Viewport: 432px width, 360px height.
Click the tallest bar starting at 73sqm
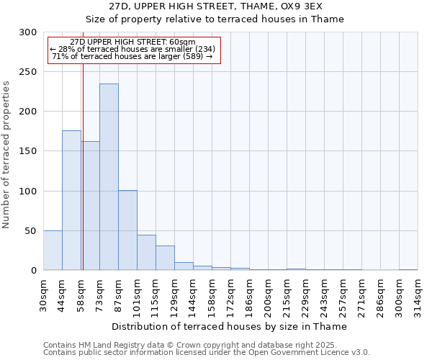[109, 177]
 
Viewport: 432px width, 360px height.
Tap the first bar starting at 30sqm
[53, 251]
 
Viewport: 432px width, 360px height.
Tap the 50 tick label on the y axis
[30, 231]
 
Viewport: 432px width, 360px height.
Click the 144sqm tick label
[194, 294]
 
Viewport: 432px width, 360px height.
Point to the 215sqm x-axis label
[287, 294]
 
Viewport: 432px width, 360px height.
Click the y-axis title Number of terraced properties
[6, 155]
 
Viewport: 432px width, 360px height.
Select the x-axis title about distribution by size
[230, 326]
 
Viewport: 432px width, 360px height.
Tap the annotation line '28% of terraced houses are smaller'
[132, 49]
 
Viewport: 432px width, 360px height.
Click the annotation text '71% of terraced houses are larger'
[132, 56]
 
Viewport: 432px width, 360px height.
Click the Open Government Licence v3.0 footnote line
[207, 353]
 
